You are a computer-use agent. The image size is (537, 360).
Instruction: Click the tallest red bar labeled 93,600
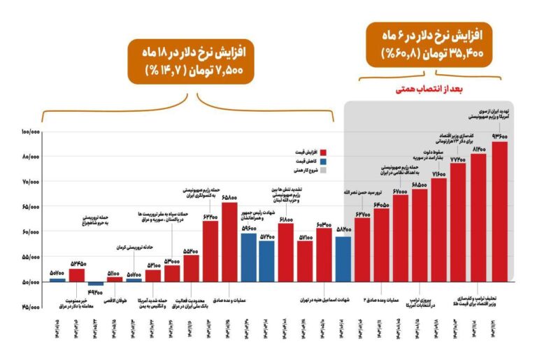pyautogui.click(x=499, y=210)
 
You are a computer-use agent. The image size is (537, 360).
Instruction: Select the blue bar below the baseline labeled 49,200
pyautogui.click(x=96, y=283)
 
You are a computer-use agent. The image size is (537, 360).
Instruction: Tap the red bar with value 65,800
pyautogui.click(x=229, y=241)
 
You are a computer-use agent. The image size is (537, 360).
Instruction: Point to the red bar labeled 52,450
pyautogui.click(x=77, y=275)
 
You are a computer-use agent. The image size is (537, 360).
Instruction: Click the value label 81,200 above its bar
pyautogui.click(x=478, y=150)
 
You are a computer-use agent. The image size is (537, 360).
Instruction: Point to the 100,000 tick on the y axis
pyautogui.click(x=31, y=132)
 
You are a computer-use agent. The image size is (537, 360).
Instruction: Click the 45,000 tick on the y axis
pyautogui.click(x=31, y=307)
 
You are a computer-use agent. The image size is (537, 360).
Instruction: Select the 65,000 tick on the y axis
pyautogui.click(x=31, y=207)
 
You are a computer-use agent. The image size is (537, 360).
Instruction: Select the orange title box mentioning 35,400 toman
pyautogui.click(x=434, y=43)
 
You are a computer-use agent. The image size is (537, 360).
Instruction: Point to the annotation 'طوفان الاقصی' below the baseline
pyautogui.click(x=115, y=301)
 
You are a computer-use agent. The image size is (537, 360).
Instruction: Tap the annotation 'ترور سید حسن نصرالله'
pyautogui.click(x=361, y=191)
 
